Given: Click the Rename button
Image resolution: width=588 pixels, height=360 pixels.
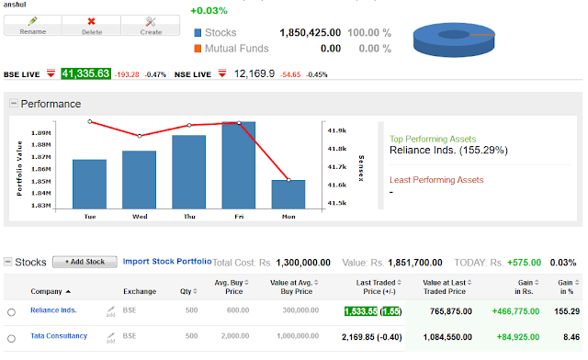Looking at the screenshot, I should (x=32, y=24).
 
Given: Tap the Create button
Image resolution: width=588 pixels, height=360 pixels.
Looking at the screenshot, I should (x=151, y=24).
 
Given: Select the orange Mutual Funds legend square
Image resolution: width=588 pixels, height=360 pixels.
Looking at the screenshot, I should (x=198, y=48).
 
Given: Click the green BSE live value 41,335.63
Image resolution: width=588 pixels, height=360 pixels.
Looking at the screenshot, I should (x=85, y=73).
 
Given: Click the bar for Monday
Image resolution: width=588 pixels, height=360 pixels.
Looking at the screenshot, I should (x=288, y=195).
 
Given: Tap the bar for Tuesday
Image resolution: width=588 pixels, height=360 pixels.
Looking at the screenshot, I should (x=89, y=185).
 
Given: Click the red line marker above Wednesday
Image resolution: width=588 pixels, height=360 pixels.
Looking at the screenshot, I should (x=140, y=136).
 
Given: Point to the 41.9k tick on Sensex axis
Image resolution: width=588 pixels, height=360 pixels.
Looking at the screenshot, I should (x=337, y=130).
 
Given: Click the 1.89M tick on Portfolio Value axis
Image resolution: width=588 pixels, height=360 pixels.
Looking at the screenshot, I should (x=40, y=133).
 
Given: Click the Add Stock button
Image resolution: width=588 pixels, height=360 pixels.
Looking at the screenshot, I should (x=85, y=262).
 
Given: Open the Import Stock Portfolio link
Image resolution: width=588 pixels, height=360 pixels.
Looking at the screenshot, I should (x=166, y=261).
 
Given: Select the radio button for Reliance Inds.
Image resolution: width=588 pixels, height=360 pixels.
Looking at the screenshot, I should (x=12, y=312).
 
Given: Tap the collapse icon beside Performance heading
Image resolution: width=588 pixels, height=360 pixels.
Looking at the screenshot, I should (x=13, y=104).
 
